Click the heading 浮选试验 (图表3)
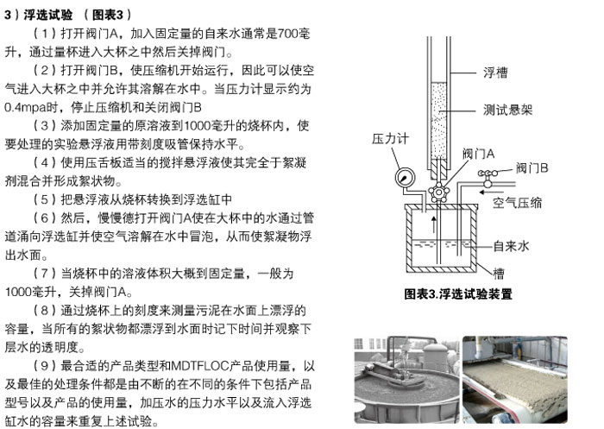tap(68, 15)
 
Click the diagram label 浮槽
tap(495, 73)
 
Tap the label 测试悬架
tap(507, 110)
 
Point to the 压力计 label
tap(390, 139)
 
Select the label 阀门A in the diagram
tap(478, 155)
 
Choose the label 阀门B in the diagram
tap(532, 168)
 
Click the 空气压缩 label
tap(518, 202)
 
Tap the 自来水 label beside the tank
tap(511, 246)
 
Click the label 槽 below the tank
tap(499, 274)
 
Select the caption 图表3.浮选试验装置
tap(458, 294)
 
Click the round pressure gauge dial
tap(406, 178)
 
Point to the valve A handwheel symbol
tap(438, 192)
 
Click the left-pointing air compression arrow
tap(492, 192)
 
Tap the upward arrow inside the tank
tap(434, 224)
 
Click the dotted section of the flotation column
tap(438, 120)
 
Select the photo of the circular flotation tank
tap(406, 380)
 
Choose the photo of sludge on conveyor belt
tap(515, 380)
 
